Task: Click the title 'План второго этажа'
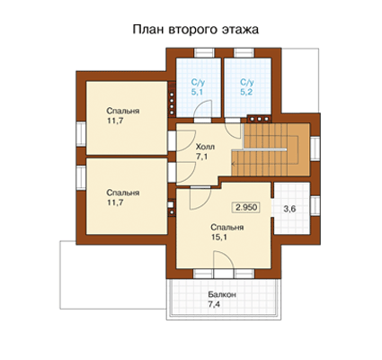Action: click(x=196, y=30)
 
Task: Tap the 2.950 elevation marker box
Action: click(x=246, y=207)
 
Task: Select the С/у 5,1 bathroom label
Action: click(x=198, y=87)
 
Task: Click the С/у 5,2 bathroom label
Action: click(x=247, y=87)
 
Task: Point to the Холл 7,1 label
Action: click(x=205, y=152)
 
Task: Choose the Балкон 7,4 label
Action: click(x=222, y=299)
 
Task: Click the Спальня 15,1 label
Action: click(x=227, y=232)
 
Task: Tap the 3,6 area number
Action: click(x=289, y=209)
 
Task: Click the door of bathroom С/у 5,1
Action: click(x=203, y=111)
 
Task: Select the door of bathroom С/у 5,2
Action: click(x=233, y=130)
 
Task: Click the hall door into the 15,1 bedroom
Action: click(x=200, y=197)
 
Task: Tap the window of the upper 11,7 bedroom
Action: click(x=81, y=133)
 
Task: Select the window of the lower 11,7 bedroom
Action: click(x=81, y=177)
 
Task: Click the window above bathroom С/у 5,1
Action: click(x=205, y=52)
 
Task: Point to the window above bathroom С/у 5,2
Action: click(x=244, y=52)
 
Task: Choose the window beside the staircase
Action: click(x=315, y=148)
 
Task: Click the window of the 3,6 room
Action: click(x=315, y=206)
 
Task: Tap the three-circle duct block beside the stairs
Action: click(x=259, y=119)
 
